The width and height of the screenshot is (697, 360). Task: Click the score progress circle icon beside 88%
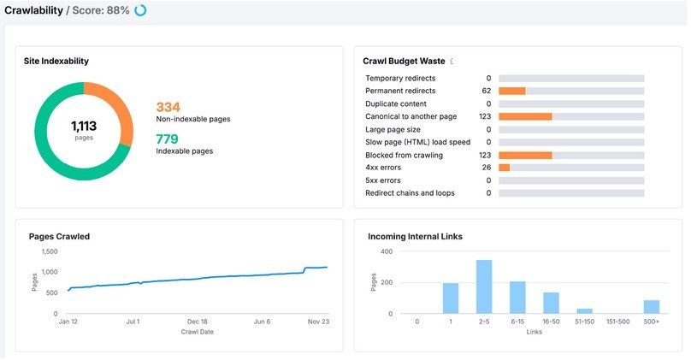(x=140, y=10)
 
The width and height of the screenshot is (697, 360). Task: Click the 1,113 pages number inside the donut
(x=84, y=126)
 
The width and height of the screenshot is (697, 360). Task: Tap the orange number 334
(x=168, y=107)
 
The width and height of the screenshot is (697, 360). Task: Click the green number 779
(x=167, y=139)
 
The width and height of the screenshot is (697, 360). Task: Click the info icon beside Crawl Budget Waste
(x=452, y=62)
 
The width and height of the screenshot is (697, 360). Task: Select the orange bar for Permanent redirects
(x=511, y=91)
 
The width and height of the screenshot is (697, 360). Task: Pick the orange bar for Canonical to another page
(x=524, y=116)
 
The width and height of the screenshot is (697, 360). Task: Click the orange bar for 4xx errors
(x=504, y=168)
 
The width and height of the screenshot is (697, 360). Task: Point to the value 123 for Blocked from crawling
(x=484, y=155)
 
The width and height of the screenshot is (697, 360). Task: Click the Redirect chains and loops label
(x=410, y=193)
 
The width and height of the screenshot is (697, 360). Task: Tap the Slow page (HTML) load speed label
(x=416, y=142)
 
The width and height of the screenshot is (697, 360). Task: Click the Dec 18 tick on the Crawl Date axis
(x=198, y=322)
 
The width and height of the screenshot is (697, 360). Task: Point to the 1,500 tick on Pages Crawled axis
(x=50, y=251)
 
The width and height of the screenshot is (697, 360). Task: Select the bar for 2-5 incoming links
(x=484, y=286)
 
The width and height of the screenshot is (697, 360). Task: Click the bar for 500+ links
(x=651, y=306)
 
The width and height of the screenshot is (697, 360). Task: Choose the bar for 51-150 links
(x=584, y=310)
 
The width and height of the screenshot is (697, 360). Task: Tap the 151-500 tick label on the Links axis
(x=617, y=322)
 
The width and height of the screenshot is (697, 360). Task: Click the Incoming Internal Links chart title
(x=415, y=236)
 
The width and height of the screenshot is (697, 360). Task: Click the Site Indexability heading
(x=56, y=62)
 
